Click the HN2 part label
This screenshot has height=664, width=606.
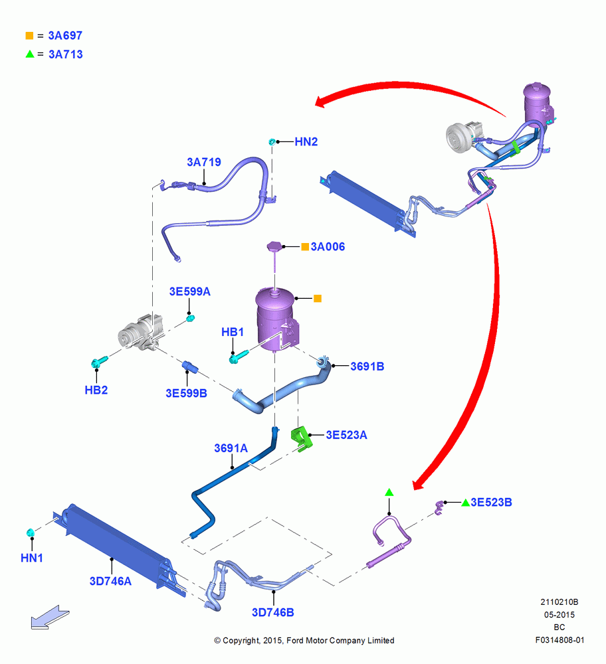click(x=306, y=141)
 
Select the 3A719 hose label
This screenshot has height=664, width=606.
click(x=204, y=162)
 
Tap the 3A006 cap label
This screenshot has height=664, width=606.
click(x=328, y=246)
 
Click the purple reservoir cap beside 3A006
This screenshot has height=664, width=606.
click(x=275, y=246)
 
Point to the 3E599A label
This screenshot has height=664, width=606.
click(x=190, y=291)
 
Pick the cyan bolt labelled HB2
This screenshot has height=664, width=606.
click(x=99, y=362)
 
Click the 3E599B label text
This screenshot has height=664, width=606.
click(x=187, y=393)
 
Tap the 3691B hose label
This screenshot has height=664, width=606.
click(x=367, y=367)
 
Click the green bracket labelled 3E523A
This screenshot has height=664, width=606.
click(x=301, y=439)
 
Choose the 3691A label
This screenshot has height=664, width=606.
click(x=231, y=448)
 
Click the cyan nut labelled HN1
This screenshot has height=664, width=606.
click(x=31, y=533)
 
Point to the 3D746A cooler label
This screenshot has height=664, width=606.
click(x=110, y=581)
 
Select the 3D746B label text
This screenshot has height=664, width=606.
click(x=273, y=612)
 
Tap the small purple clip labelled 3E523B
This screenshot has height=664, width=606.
click(x=439, y=507)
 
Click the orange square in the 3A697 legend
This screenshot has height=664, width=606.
click(x=29, y=36)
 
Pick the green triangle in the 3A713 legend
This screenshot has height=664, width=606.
click(x=30, y=54)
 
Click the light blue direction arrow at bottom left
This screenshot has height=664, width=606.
click(x=50, y=617)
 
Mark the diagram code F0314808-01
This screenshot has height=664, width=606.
click(x=559, y=640)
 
